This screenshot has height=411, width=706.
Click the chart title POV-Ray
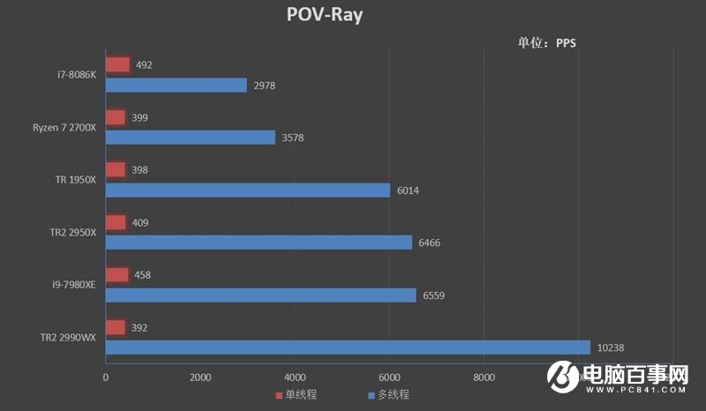pos(325,15)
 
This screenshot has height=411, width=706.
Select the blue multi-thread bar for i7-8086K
pos(176,85)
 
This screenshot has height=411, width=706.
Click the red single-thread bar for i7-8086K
pos(117,64)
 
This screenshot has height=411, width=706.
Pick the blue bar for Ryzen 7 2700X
pos(190,138)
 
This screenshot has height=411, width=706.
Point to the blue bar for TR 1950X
pos(247,190)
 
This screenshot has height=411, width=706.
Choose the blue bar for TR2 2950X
pos(259,243)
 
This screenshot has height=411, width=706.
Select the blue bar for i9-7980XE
pos(260,295)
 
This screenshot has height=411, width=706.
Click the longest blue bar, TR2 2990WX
pos(348,347)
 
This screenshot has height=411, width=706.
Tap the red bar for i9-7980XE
pos(116,275)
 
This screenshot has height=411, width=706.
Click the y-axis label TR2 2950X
pos(73,233)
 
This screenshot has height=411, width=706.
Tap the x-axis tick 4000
pos(295,377)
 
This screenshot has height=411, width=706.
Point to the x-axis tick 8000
pos(484,377)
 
